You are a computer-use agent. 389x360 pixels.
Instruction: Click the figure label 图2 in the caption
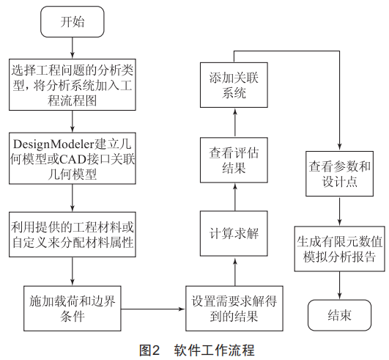click(149, 350)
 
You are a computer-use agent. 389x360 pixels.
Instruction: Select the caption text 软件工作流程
click(214, 350)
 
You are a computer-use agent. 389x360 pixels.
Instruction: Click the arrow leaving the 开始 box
click(73, 48)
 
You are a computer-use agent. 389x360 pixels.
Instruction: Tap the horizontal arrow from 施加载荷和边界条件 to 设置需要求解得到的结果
click(153, 309)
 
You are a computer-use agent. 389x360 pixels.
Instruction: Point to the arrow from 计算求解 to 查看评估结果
click(235, 197)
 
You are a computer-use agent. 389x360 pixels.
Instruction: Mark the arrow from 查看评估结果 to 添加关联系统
click(235, 122)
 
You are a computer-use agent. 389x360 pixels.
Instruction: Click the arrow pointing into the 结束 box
click(339, 285)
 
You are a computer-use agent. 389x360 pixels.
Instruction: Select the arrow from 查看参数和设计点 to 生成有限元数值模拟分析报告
click(339, 211)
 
